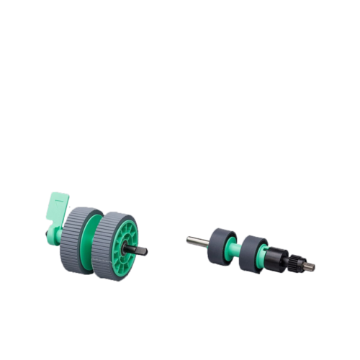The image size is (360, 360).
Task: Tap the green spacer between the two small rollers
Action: click(x=236, y=248)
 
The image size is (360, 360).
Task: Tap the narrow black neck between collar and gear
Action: click(x=288, y=259)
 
